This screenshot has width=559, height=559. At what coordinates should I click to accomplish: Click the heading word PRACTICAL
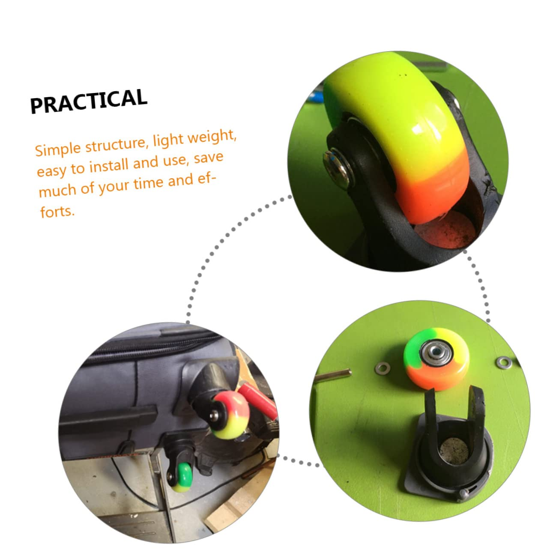89,102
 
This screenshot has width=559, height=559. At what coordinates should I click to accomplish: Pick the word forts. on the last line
57,211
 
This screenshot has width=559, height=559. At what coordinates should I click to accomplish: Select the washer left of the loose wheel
383,367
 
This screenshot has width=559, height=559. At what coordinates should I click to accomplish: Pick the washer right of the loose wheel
502,362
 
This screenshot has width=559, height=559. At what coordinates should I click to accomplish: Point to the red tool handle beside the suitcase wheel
257,401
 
